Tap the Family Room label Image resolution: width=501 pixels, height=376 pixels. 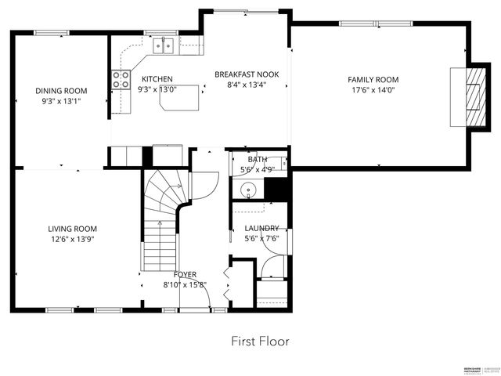pos(373,80)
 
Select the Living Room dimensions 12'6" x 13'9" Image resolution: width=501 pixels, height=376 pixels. pos(70,239)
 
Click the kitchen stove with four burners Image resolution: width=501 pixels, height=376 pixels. pos(121,78)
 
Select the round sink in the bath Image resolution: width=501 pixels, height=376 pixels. pos(250,189)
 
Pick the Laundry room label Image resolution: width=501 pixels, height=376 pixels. pos(261,228)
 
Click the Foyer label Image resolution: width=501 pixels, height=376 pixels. pos(186,275)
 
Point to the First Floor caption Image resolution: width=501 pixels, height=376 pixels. pos(260,342)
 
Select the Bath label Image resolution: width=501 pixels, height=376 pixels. pos(258,159)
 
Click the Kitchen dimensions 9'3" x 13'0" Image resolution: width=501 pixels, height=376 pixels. pos(157,89)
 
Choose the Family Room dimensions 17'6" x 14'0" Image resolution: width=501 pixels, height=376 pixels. pos(373,90)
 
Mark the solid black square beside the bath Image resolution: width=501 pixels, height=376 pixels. pos(278,189)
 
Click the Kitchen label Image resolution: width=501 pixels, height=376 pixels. pos(157,79)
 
